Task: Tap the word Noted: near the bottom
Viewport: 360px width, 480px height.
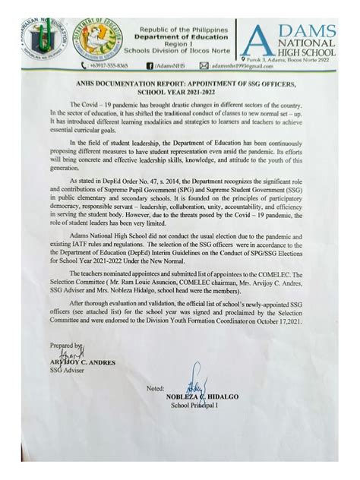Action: tap(156, 388)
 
